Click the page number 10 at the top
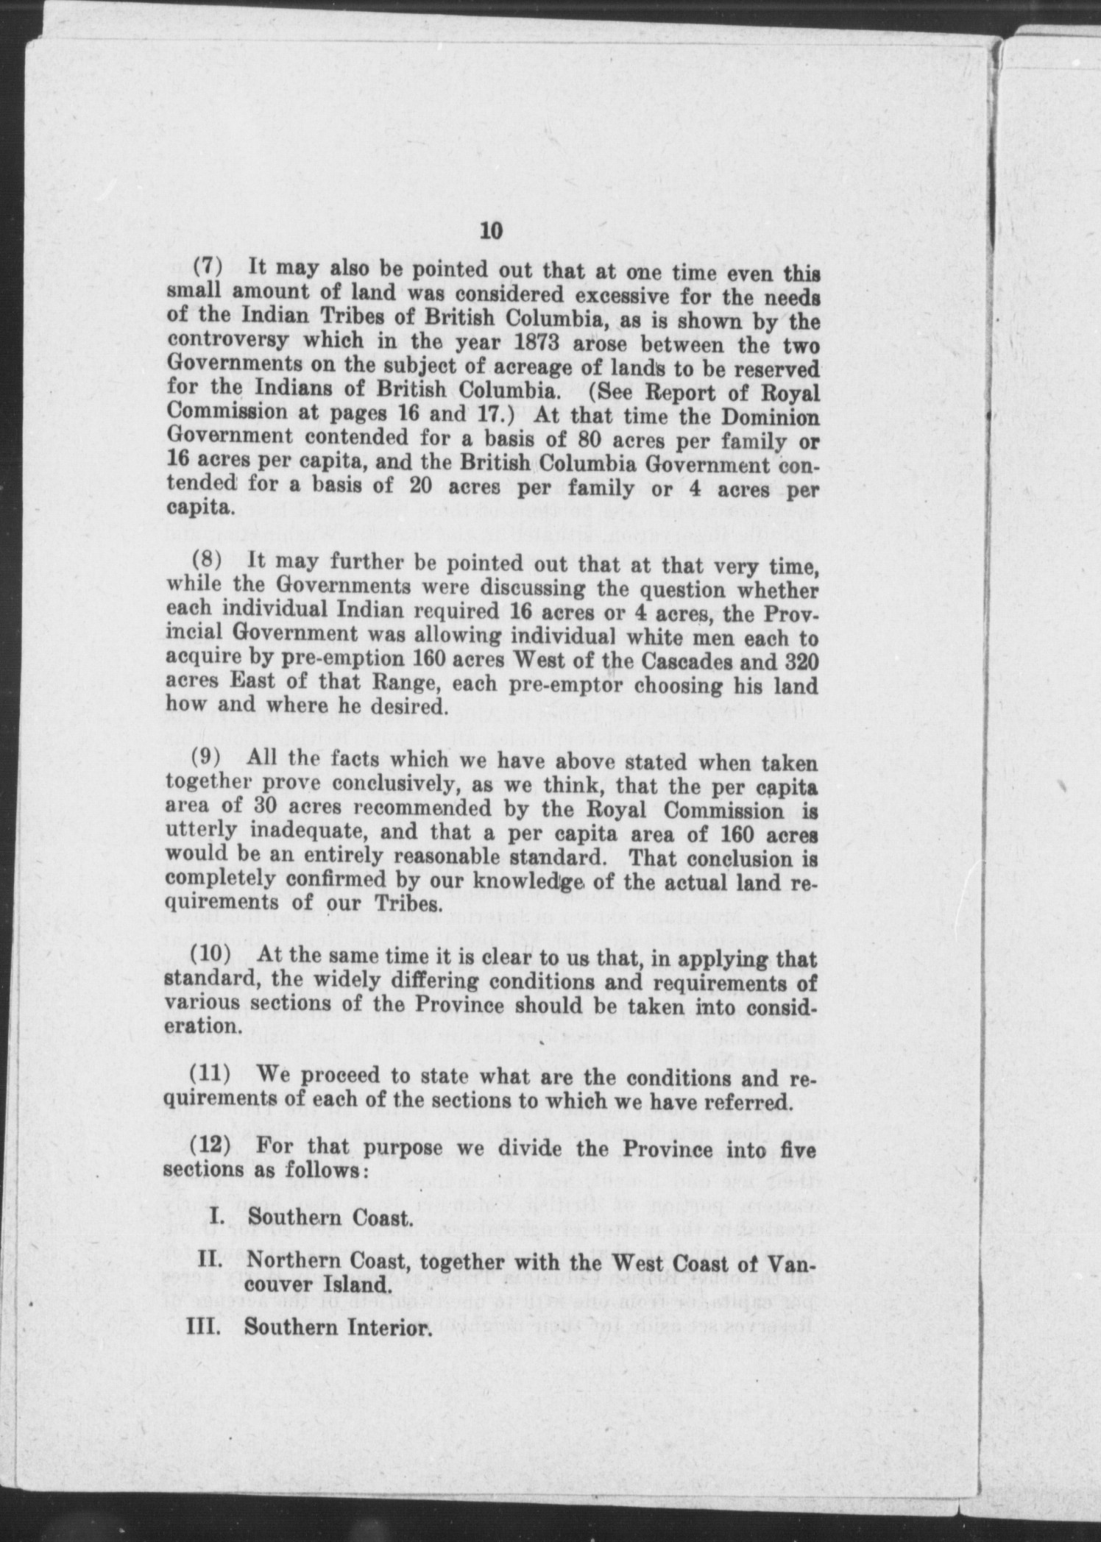491,231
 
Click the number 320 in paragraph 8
799,658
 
